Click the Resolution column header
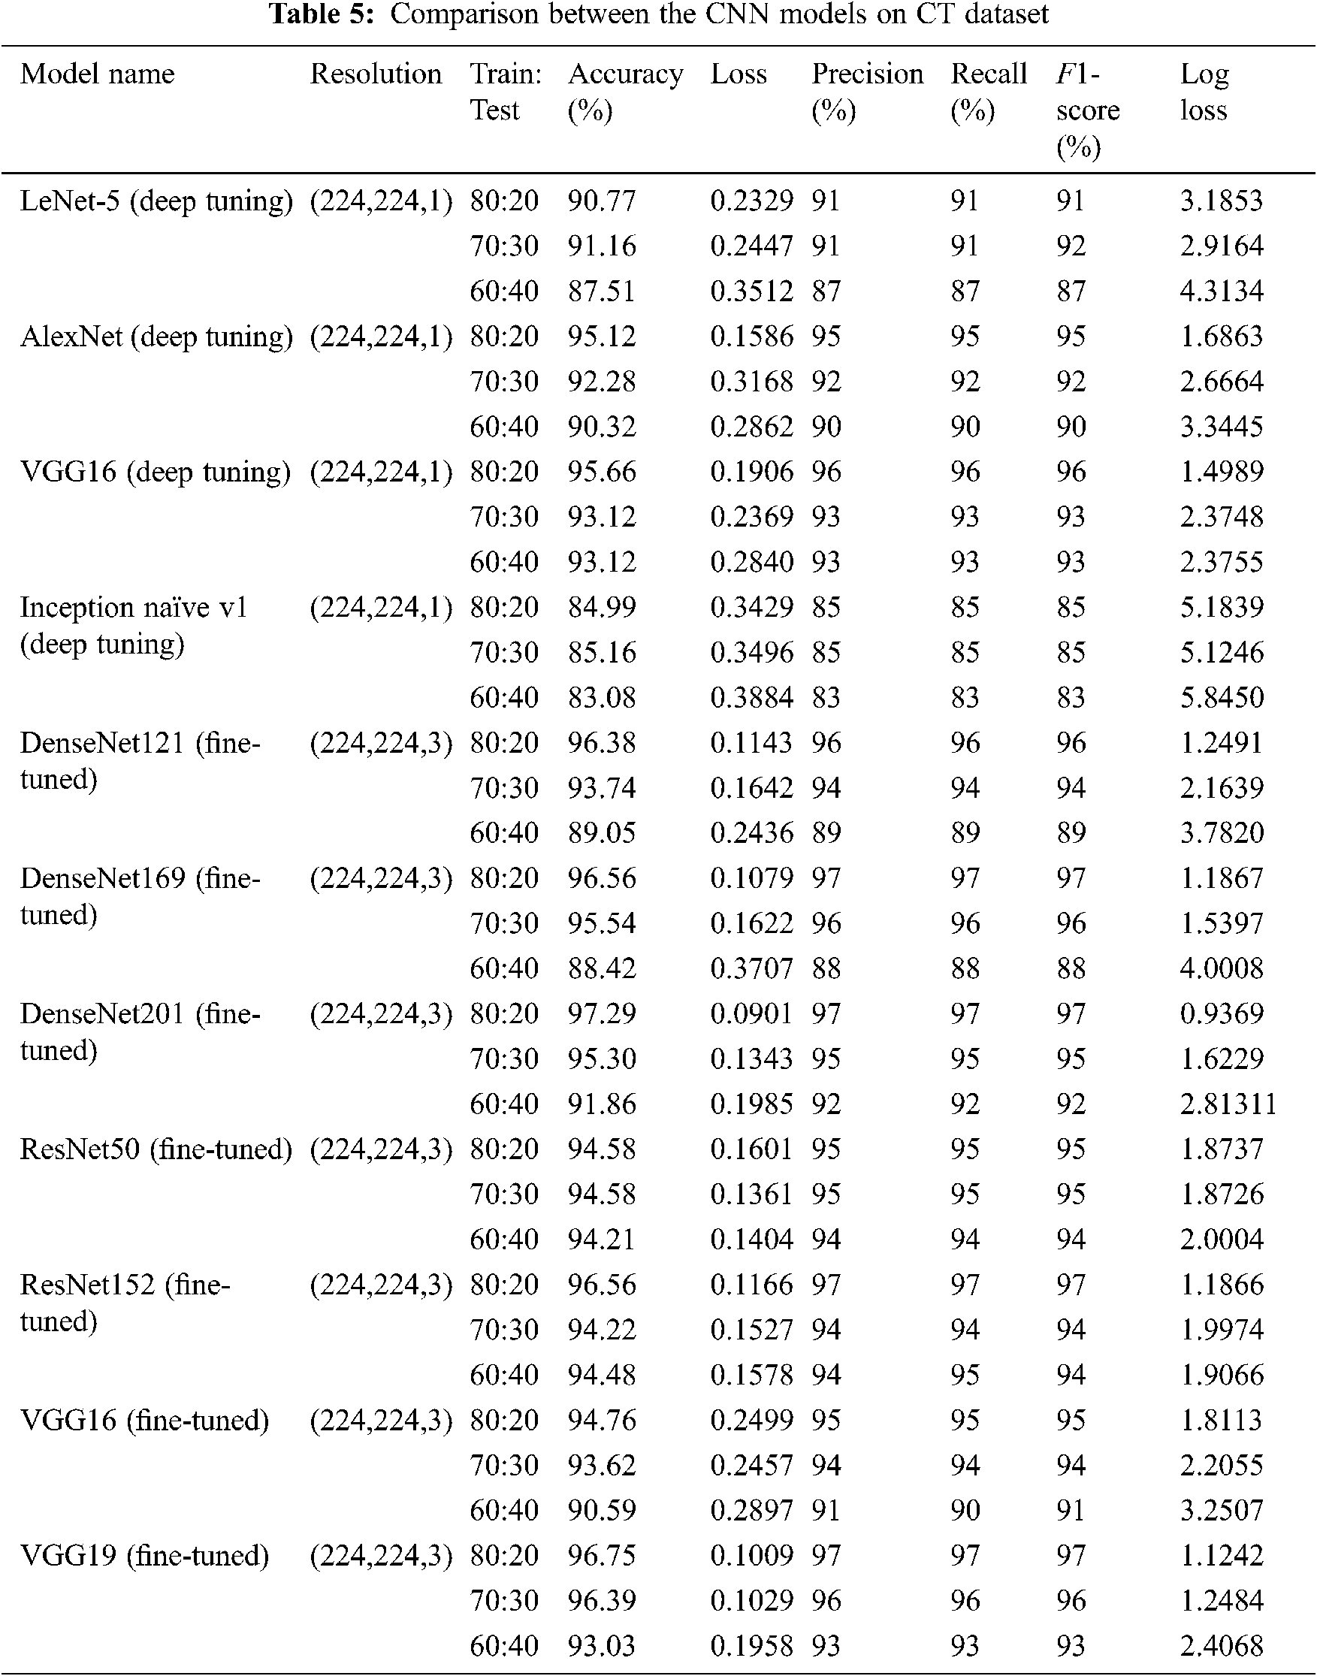[x=376, y=74]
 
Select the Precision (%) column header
[x=867, y=92]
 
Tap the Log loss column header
[x=1204, y=92]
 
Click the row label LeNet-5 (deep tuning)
[x=156, y=201]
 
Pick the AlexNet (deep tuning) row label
[x=156, y=337]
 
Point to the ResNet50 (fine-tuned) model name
[x=156, y=1149]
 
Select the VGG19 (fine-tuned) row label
[x=144, y=1556]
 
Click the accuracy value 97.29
[x=602, y=1013]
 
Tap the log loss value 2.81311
[x=1228, y=1104]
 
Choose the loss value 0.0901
[x=751, y=1013]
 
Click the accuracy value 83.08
[x=602, y=698]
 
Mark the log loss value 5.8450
[x=1222, y=698]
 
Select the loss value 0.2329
[x=751, y=201]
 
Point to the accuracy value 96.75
[x=602, y=1556]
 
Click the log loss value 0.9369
[x=1222, y=1013]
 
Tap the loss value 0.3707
[x=751, y=968]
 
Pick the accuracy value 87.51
[x=602, y=291]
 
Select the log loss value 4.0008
[x=1222, y=968]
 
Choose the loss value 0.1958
[x=751, y=1646]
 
